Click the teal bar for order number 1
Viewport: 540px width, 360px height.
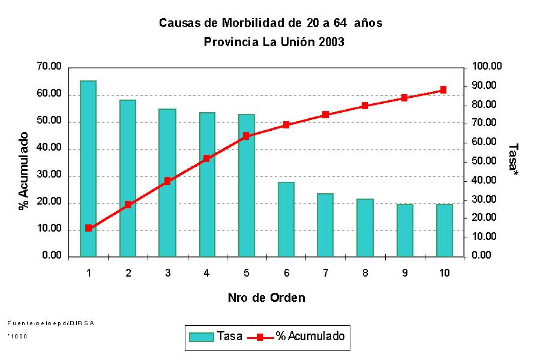[88, 168]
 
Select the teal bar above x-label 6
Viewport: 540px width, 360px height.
[286, 219]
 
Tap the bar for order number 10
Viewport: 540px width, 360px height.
[444, 230]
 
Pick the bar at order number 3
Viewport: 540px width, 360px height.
[167, 182]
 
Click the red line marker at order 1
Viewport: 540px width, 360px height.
[88, 228]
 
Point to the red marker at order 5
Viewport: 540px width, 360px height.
[246, 136]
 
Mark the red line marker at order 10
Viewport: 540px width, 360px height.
[443, 89]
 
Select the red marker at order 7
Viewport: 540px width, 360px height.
[325, 115]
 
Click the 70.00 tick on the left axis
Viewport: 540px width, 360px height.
[49, 67]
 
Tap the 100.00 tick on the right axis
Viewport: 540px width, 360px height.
[487, 67]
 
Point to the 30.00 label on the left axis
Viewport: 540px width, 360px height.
[49, 175]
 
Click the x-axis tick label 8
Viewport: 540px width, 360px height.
[365, 274]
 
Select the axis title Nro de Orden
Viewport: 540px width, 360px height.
[266, 298]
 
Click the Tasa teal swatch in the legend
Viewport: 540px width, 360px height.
[201, 337]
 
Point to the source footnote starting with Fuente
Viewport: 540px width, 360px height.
[51, 323]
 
